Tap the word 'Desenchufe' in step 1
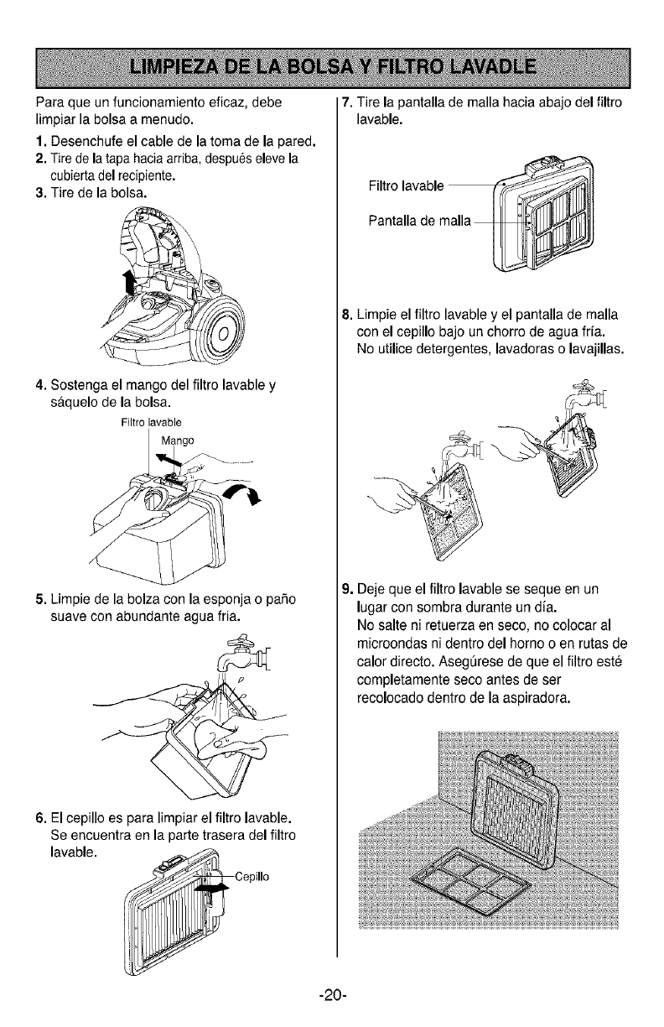pos(85,138)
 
